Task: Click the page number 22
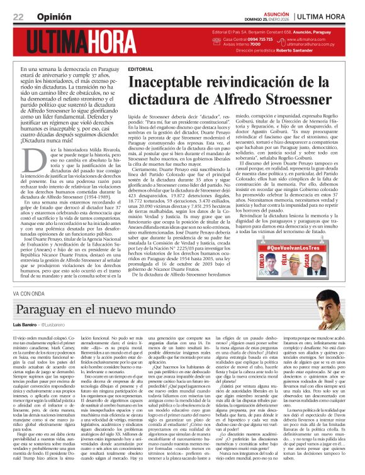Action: [x=19, y=16]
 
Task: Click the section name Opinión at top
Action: [x=48, y=16]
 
